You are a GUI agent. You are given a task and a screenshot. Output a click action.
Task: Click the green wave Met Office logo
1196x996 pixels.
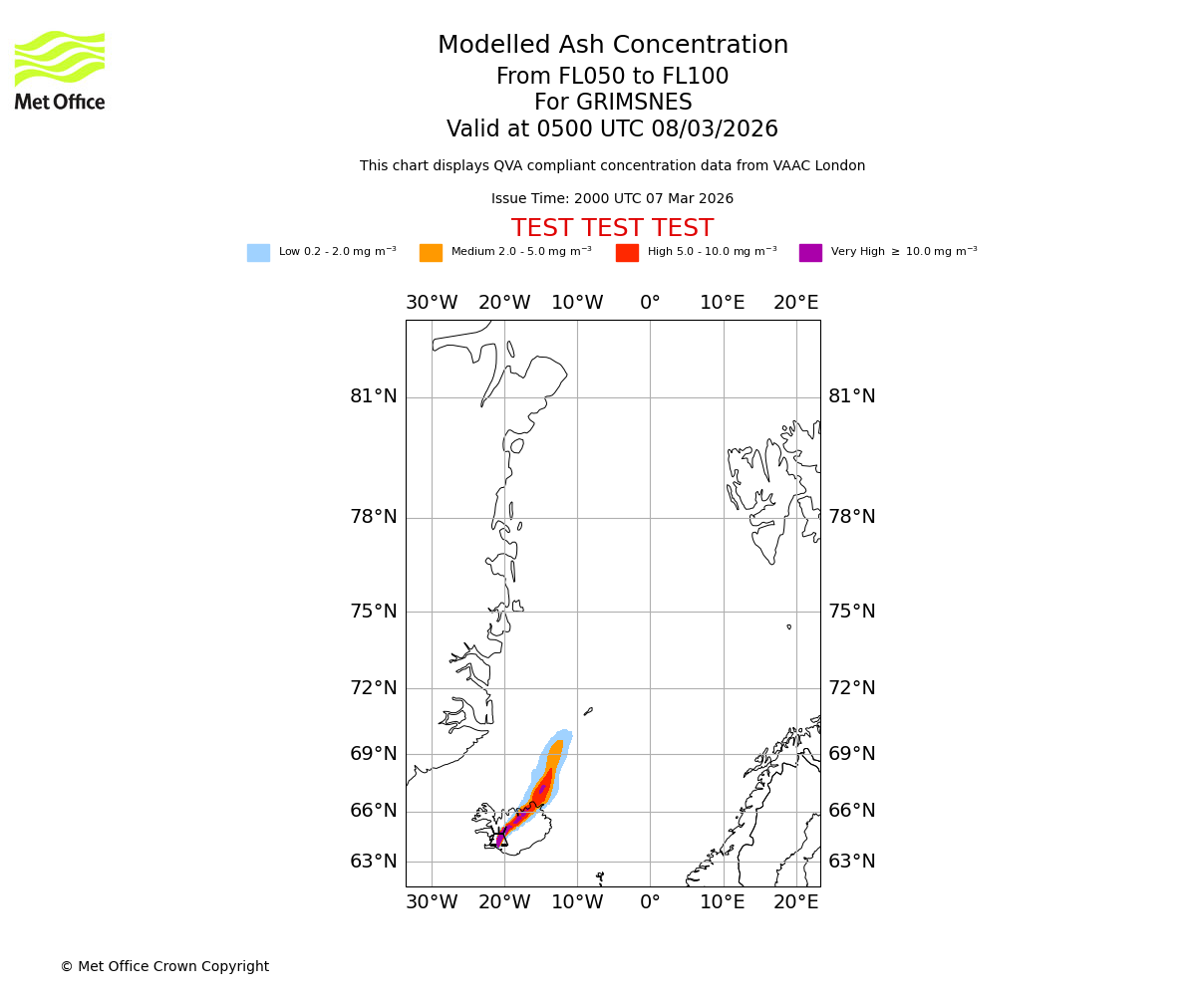[x=60, y=58]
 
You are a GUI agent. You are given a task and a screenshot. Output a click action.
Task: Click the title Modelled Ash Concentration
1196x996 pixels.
[x=612, y=46]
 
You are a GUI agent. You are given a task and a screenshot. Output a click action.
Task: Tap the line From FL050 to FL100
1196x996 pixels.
[x=612, y=77]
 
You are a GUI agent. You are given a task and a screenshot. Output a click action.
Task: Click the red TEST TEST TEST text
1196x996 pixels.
[x=612, y=228]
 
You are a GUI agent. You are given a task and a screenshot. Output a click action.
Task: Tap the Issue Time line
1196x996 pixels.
[x=612, y=199]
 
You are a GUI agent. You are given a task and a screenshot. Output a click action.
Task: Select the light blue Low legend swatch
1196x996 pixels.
[x=258, y=253]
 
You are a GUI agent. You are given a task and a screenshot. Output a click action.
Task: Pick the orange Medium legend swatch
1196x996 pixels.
[x=431, y=253]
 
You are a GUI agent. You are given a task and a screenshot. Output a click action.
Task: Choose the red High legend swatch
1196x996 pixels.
[x=627, y=253]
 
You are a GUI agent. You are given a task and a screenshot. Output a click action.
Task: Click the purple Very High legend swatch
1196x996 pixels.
[x=810, y=253]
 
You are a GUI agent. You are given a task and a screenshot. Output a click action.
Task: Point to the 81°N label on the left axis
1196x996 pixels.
[x=373, y=396]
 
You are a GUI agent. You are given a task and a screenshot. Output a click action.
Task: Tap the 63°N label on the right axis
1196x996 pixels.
[x=852, y=862]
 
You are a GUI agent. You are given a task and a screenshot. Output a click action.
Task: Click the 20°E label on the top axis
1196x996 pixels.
[x=795, y=303]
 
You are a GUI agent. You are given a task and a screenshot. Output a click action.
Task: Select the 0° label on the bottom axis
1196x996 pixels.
[x=650, y=902]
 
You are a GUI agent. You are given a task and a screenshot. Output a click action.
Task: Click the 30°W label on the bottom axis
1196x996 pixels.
[x=432, y=902]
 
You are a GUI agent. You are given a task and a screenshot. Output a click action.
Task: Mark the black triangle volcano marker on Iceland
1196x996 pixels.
[x=501, y=839]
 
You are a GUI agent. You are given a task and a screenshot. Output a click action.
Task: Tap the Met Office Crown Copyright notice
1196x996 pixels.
[x=164, y=967]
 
